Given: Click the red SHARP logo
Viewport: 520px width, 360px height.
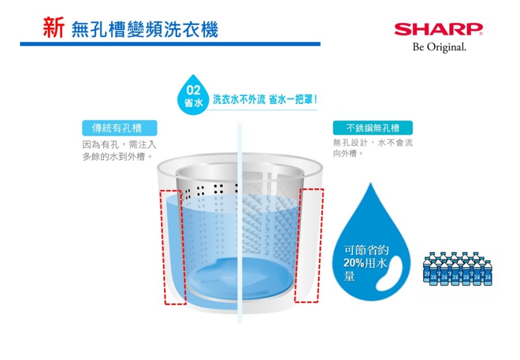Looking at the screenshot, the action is (439, 29).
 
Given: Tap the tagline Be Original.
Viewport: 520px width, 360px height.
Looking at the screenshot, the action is (439, 47).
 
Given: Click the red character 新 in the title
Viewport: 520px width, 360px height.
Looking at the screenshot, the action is (53, 28).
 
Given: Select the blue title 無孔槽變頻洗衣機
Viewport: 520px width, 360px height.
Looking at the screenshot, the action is (144, 29).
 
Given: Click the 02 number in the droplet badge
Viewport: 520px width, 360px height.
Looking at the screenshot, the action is (193, 90).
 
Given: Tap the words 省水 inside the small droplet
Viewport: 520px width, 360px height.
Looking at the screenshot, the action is (194, 103).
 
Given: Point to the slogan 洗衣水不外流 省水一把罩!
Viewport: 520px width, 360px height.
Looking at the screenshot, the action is (265, 99).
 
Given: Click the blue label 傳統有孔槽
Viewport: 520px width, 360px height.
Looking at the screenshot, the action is (120, 128).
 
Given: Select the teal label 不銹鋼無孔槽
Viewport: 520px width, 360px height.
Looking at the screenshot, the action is (373, 128).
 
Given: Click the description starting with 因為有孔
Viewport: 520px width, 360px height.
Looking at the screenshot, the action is (119, 151).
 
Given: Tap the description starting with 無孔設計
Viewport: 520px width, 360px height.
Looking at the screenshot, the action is (373, 148).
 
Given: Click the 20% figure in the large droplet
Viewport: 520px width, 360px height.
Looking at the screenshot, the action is (354, 263).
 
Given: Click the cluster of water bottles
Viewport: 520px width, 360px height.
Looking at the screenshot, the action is (458, 269).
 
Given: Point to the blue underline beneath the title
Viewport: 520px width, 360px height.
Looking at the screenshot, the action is (170, 44).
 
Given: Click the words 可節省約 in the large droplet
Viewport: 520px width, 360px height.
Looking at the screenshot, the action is (366, 250).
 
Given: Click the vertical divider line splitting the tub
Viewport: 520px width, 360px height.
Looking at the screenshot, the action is (240, 222).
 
